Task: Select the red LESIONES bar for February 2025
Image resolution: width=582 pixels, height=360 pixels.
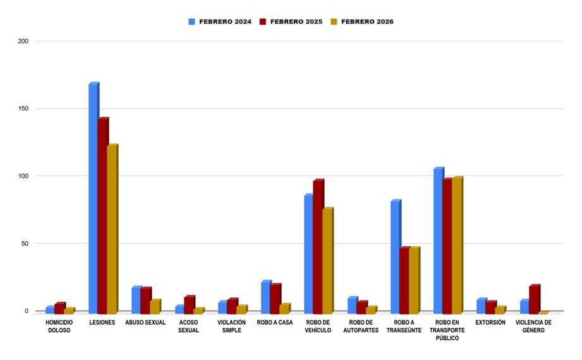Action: [x=102, y=215]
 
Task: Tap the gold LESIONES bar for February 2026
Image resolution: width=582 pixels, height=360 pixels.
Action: [x=112, y=229]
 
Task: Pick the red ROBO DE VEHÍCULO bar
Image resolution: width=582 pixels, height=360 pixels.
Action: [x=318, y=246]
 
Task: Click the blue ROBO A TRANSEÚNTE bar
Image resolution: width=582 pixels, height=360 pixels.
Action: [x=395, y=256]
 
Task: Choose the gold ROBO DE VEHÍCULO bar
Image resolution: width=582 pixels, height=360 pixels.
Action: [x=327, y=260]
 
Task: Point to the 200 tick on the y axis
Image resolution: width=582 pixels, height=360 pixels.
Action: [x=23, y=42]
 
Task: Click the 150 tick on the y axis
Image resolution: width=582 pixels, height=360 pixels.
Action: [x=23, y=109]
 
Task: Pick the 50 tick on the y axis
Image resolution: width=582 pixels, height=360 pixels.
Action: [x=25, y=244]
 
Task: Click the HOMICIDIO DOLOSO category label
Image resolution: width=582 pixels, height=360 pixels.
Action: [x=59, y=326]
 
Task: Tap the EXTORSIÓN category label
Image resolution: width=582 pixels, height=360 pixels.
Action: [x=490, y=322]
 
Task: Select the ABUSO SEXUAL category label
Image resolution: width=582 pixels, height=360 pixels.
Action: [x=145, y=322]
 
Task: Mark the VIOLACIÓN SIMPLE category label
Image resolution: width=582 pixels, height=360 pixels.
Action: [x=231, y=326]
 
